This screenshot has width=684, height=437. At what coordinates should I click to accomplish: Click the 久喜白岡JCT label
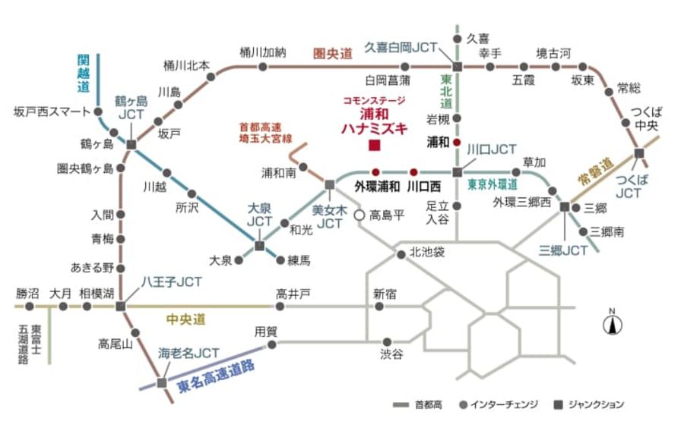pos(401,47)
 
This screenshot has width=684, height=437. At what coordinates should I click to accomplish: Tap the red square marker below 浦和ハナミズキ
pos(373,146)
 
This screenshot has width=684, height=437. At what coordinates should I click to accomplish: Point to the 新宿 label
pos(385,294)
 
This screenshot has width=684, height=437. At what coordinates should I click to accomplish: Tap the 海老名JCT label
pos(188,352)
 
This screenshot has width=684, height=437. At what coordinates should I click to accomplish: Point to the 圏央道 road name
pos(333,53)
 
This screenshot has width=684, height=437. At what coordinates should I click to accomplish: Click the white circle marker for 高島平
pos(359,215)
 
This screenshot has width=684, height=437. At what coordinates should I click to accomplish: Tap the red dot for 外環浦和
pos(375,171)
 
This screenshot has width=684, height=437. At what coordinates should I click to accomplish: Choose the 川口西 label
pos(423,185)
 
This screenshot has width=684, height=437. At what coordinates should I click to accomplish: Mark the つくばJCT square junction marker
pos(639,152)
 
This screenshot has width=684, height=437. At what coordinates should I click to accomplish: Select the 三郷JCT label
pos(563,250)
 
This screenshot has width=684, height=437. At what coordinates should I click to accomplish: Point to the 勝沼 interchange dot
pos(30,307)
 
